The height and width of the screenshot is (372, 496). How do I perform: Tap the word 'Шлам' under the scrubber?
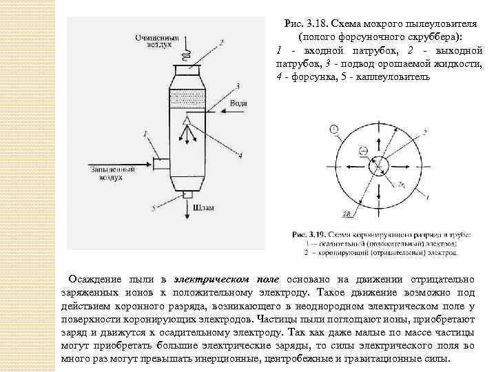point(204,206)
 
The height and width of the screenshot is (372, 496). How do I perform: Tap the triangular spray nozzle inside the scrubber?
point(186,122)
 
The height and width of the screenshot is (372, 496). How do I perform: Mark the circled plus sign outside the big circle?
point(333,129)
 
